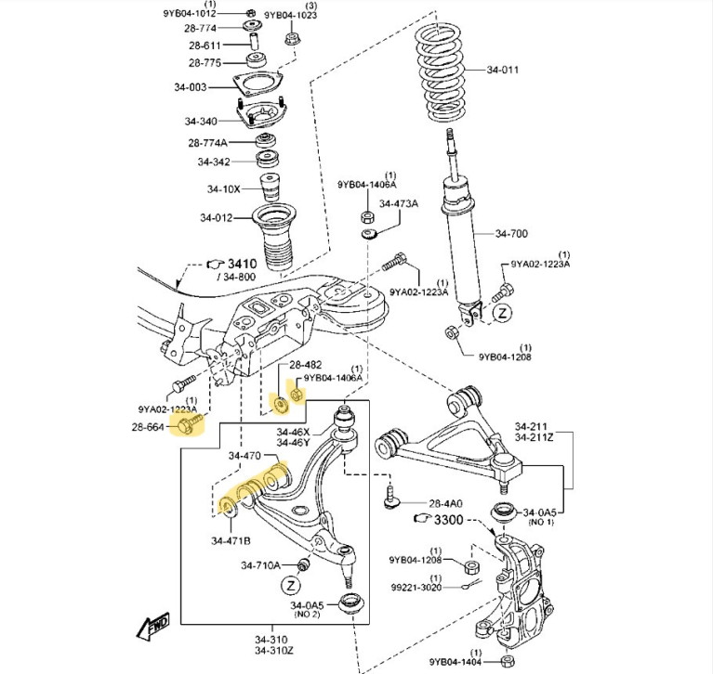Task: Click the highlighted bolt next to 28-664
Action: [191, 425]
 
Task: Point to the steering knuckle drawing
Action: [525, 585]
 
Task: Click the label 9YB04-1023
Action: [290, 16]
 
